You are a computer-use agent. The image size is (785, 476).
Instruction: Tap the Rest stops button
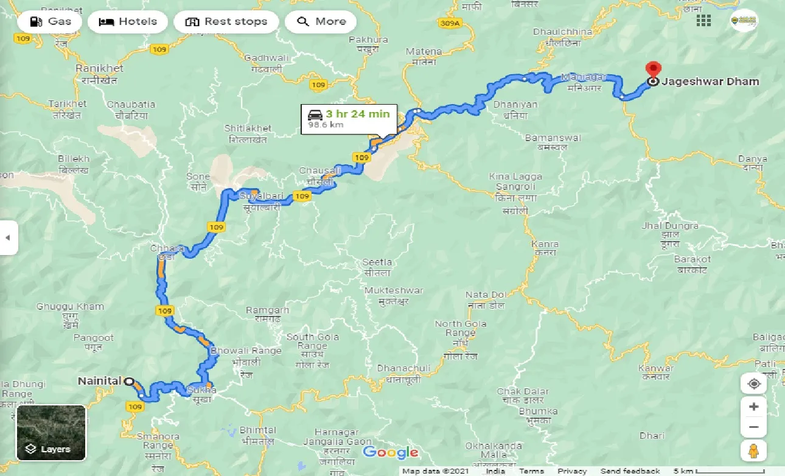(226, 22)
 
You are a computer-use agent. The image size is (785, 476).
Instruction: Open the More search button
(321, 22)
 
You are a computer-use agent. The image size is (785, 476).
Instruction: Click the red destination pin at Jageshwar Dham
(653, 70)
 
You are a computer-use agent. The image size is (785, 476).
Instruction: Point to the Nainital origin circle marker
(129, 382)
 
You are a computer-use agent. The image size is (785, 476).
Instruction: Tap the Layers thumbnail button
(51, 433)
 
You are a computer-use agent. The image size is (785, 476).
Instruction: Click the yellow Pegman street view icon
(753, 451)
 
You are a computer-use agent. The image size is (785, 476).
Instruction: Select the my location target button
(753, 384)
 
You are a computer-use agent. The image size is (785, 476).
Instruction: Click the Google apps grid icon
(703, 21)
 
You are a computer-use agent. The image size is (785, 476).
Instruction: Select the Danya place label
(752, 163)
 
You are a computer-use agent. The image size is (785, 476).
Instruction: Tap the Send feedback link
(630, 471)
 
